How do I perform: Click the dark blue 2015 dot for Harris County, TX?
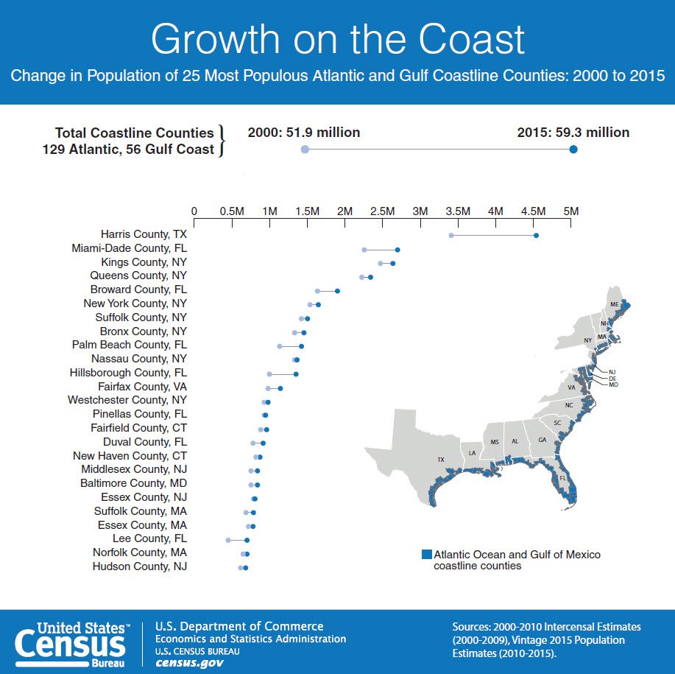[536, 235]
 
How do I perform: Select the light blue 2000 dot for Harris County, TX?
[451, 235]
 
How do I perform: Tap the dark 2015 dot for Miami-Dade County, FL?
[397, 250]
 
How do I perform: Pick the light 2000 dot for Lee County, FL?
[228, 540]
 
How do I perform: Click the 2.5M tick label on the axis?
[382, 211]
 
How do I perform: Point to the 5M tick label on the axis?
[571, 211]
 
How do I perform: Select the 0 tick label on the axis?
[194, 211]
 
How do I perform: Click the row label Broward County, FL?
[138, 289]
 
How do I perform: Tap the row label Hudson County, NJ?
[140, 566]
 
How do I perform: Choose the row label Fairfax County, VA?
[143, 386]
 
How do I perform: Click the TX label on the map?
[441, 460]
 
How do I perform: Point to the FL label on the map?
[563, 477]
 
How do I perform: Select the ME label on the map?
[614, 304]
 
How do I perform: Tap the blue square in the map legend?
[426, 554]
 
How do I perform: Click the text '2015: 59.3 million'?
[573, 133]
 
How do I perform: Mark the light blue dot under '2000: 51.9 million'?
[305, 150]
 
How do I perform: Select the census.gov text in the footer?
[190, 662]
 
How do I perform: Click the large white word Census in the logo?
[71, 645]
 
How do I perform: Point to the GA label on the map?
[543, 440]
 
